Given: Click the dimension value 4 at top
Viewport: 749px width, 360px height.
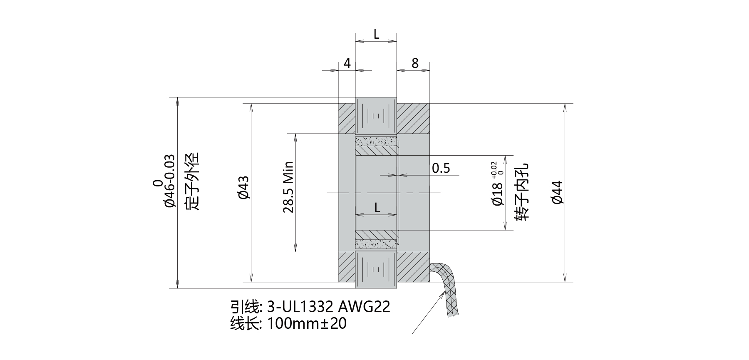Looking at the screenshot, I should [x=347, y=63].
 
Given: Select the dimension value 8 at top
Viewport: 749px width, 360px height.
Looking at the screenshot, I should [x=415, y=63].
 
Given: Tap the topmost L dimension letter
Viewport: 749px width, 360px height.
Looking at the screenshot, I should [x=376, y=35].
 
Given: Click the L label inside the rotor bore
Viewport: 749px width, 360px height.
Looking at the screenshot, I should [x=377, y=207].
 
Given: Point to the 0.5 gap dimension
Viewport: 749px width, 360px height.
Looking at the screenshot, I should [x=441, y=168].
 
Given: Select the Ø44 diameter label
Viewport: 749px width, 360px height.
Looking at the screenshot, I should [x=558, y=192].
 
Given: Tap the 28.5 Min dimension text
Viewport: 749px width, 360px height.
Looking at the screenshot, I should [x=288, y=187].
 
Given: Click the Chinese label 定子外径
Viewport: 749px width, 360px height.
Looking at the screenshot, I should [x=192, y=181].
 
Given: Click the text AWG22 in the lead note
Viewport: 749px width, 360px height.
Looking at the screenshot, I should [x=364, y=307].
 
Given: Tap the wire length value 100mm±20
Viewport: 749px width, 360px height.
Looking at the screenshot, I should [x=307, y=323].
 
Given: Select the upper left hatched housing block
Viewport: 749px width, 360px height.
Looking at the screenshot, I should [x=346, y=119].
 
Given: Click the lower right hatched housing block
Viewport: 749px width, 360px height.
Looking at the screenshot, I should [x=413, y=266].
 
